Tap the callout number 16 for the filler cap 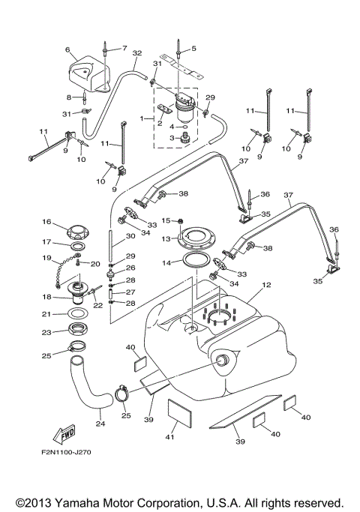pyautogui.click(x=46, y=222)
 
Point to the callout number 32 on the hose pyautogui.click(x=136, y=53)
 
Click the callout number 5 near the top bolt pyautogui.click(x=193, y=49)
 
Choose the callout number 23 pyautogui.click(x=46, y=331)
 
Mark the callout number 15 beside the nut pyautogui.click(x=167, y=220)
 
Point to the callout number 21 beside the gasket pyautogui.click(x=46, y=313)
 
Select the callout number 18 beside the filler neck pyautogui.click(x=46, y=297)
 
